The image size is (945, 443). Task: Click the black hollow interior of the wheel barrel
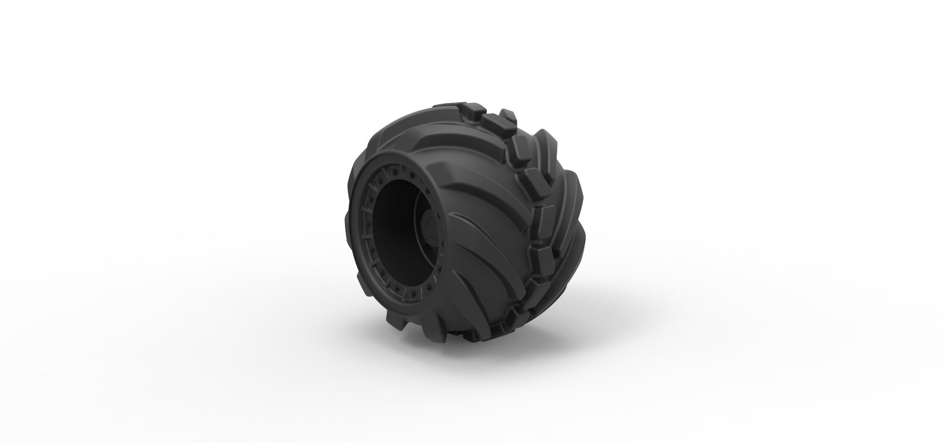[x=393, y=223]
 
